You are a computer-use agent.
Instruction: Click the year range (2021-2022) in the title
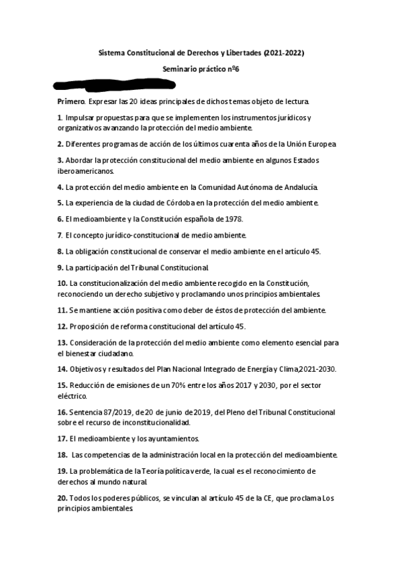click(284, 52)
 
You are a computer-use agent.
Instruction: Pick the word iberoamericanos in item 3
click(87, 172)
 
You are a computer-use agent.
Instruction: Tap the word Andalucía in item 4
click(299, 187)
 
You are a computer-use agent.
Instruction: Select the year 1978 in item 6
click(232, 219)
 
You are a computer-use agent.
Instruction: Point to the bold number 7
click(60, 235)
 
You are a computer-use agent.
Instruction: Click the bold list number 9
click(60, 267)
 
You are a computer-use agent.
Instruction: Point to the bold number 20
click(62, 498)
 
